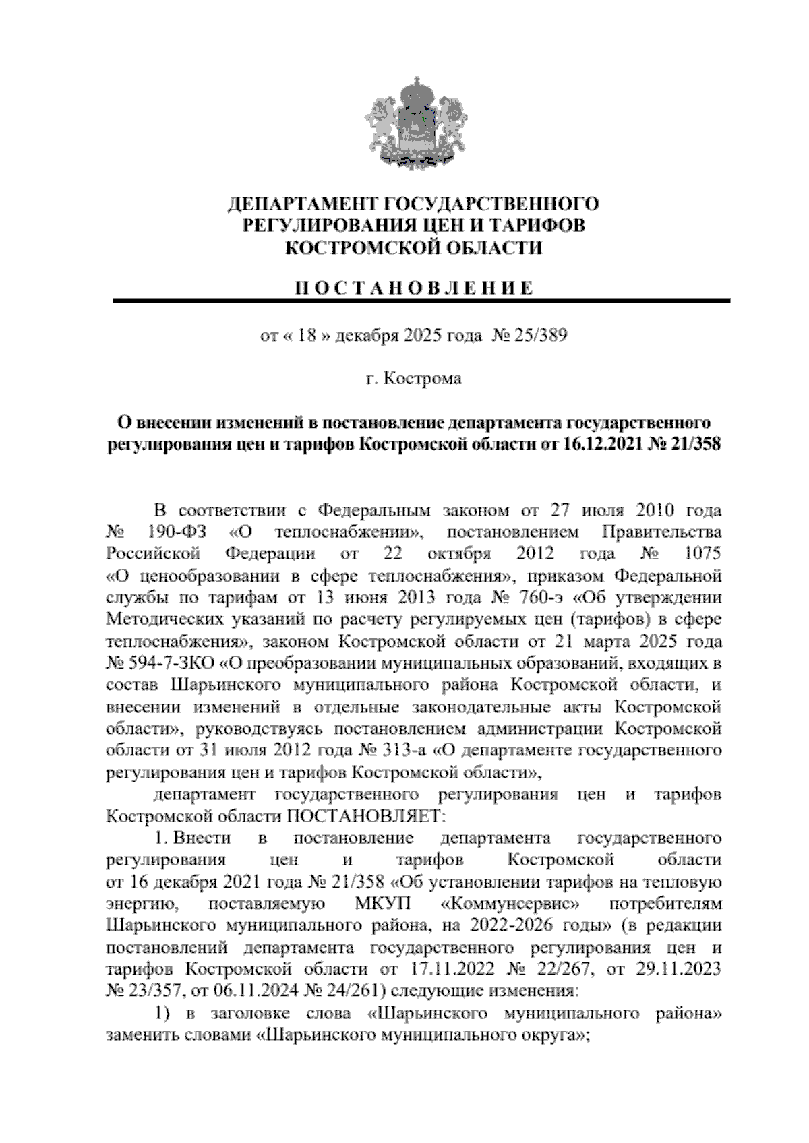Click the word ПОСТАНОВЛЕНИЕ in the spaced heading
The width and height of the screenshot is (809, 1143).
[x=414, y=288]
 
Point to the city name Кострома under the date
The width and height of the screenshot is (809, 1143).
[x=423, y=379]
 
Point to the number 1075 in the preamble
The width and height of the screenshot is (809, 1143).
[x=702, y=554]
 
